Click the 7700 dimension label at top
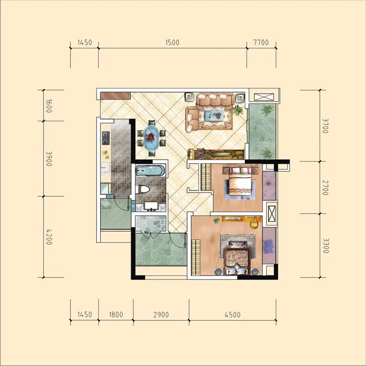(261, 43)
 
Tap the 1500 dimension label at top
(172, 43)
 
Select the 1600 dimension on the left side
(49, 106)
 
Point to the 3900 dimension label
(49, 159)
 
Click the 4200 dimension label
(49, 237)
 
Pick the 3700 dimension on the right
(325, 126)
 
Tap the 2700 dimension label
(325, 188)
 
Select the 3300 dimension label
(326, 246)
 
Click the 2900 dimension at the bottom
(161, 315)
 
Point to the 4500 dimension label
(232, 315)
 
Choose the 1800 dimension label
(116, 315)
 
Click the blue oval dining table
(152, 138)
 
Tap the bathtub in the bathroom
(151, 170)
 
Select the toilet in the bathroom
(142, 189)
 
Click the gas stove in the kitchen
(106, 138)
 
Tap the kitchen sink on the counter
(106, 168)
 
